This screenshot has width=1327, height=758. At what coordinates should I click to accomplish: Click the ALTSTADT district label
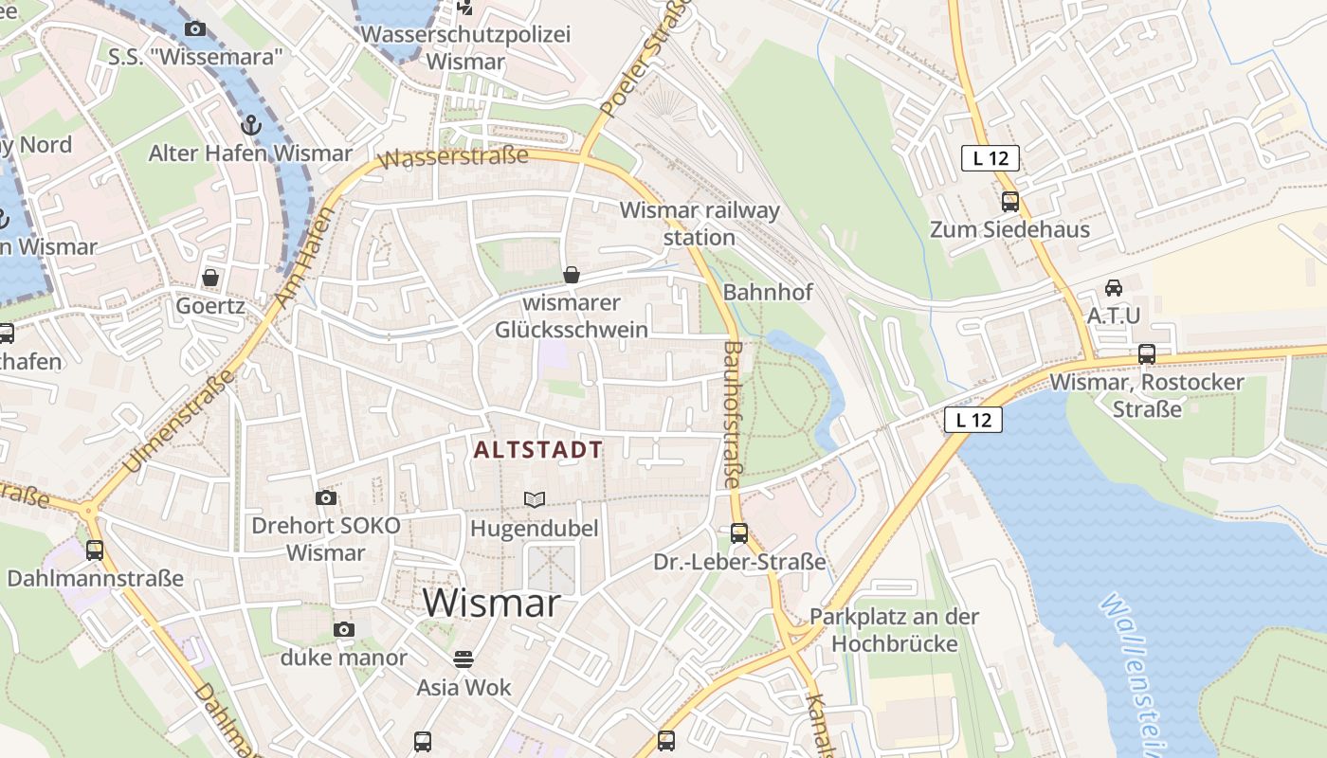click(x=537, y=450)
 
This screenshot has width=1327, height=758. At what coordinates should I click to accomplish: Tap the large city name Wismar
click(x=491, y=604)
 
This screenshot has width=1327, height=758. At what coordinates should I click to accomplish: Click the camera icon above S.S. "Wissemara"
click(x=195, y=28)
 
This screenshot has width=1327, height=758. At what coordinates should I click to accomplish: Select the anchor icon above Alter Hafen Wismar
click(x=250, y=124)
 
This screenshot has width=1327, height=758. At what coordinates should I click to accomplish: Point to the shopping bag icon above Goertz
click(x=210, y=278)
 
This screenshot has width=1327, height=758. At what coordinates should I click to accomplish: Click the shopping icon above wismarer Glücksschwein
click(x=572, y=275)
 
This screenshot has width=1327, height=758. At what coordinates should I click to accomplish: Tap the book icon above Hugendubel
click(x=535, y=499)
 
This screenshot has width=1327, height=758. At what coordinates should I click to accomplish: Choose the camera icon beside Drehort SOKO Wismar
click(x=325, y=497)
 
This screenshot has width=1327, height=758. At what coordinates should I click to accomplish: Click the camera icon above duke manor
click(x=344, y=629)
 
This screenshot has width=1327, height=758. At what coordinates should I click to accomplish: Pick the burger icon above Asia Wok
click(x=464, y=659)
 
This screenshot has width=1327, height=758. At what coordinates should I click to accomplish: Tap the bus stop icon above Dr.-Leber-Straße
click(x=739, y=533)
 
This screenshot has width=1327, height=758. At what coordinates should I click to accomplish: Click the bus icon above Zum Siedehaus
click(x=1009, y=201)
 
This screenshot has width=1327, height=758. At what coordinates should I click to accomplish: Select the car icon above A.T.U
click(x=1114, y=287)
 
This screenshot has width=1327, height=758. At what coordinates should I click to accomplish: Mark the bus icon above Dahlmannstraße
click(x=95, y=550)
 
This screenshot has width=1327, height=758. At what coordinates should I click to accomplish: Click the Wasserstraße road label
click(x=453, y=157)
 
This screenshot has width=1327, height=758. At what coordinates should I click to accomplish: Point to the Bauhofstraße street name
click(x=731, y=415)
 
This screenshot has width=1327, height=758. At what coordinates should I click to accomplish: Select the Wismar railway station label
click(x=700, y=224)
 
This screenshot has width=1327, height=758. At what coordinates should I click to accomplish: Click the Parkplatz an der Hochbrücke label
click(x=894, y=630)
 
